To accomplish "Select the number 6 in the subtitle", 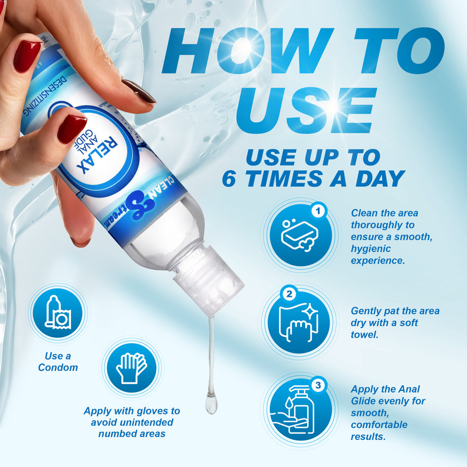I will (230, 178).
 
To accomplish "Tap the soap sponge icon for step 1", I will (300, 234).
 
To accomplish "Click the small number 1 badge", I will (318, 210).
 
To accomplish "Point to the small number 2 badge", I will (289, 294).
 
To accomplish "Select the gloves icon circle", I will (131, 368).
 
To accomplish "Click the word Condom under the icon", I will (58, 367).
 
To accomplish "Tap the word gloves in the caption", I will (153, 411).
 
